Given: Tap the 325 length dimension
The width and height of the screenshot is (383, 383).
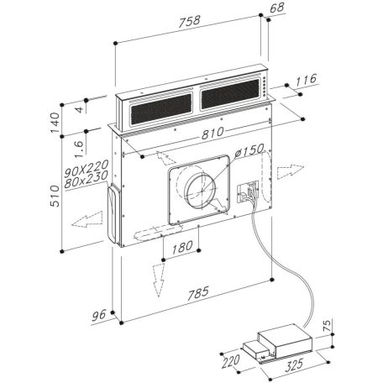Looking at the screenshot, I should tap(295, 368).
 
